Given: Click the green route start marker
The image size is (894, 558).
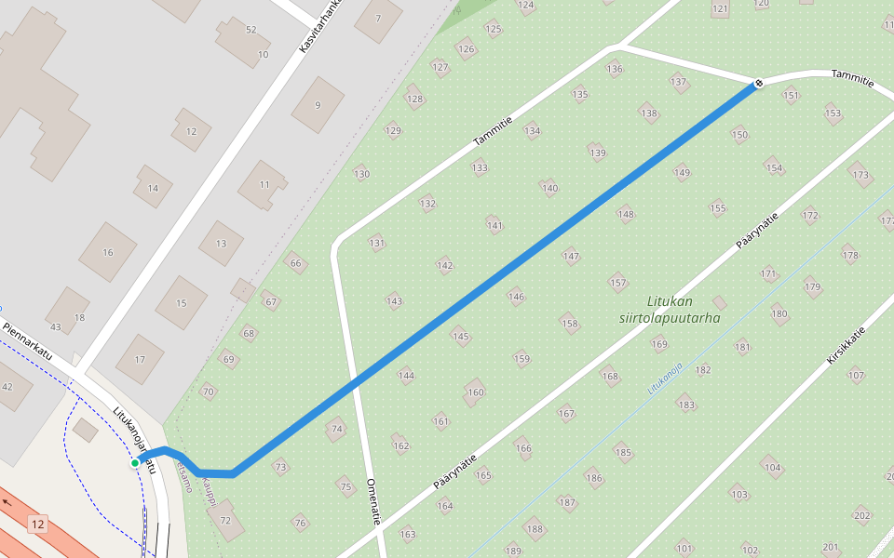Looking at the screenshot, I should pyautogui.click(x=135, y=462).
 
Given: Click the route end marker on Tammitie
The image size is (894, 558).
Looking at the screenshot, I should pyautogui.click(x=758, y=84).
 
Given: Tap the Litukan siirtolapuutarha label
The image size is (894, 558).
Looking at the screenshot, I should pyautogui.click(x=670, y=309).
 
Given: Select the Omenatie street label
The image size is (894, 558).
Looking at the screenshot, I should pyautogui.click(x=372, y=502).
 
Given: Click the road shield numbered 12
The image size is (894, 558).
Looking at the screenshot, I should pyautogui.click(x=37, y=524).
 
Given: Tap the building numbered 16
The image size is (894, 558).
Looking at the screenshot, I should pyautogui.click(x=107, y=252).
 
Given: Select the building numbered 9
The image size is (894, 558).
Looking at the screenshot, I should pyautogui.click(x=318, y=105).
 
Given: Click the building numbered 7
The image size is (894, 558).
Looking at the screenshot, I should pyautogui.click(x=378, y=19).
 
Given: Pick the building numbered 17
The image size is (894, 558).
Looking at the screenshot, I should pyautogui.click(x=140, y=359).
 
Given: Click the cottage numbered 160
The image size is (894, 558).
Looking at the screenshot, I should pyautogui.click(x=476, y=392).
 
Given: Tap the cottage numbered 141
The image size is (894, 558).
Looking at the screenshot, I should pyautogui.click(x=494, y=225).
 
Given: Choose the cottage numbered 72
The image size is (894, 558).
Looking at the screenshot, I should pyautogui.click(x=224, y=521).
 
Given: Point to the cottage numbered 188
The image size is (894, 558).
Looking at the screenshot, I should pyautogui.click(x=534, y=529).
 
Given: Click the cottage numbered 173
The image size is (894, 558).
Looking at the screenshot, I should pyautogui.click(x=860, y=174).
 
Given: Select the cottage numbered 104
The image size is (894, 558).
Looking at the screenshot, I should pyautogui.click(x=772, y=468).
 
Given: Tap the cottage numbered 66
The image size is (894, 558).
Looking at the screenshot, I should pyautogui.click(x=296, y=263).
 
